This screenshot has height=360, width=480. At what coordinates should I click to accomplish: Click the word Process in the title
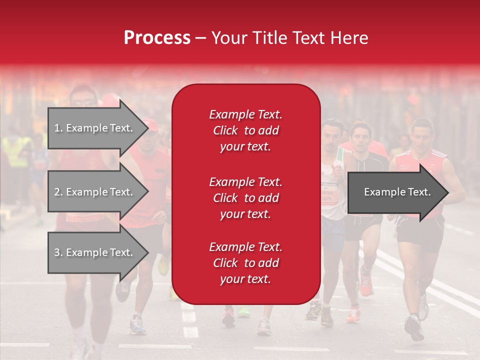pos(157,37)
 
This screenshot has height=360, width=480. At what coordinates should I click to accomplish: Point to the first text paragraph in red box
pos(245,130)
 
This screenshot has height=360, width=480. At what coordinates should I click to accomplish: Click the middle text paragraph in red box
pos(245,198)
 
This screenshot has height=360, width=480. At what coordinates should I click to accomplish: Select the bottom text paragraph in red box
pos(245,263)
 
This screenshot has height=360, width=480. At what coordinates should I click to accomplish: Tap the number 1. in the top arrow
pos(58,128)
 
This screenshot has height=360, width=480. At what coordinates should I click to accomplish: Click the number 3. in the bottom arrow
pos(58,253)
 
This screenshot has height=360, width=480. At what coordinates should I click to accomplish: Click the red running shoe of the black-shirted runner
pos(365,285)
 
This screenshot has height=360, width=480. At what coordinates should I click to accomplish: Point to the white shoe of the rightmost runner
pos(423,307)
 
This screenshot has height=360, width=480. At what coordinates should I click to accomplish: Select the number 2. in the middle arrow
pos(58,192)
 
